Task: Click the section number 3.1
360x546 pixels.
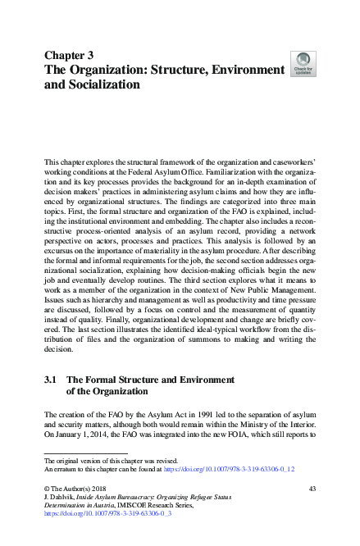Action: click(x=49, y=380)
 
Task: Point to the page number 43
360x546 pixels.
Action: click(x=312, y=489)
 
